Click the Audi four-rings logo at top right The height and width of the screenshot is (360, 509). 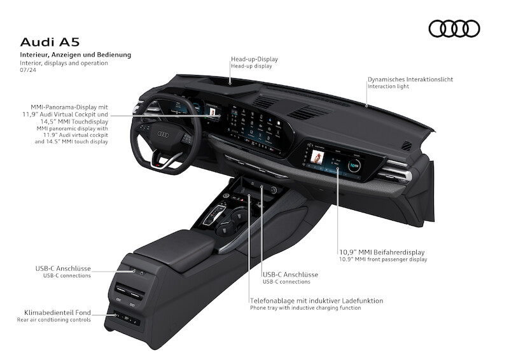tap(454, 29)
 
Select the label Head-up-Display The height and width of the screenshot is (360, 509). tap(254, 59)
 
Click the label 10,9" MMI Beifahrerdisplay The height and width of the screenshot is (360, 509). tap(381, 253)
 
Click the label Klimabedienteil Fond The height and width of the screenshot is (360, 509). tap(54, 312)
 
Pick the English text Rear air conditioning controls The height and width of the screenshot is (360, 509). tap(54, 320)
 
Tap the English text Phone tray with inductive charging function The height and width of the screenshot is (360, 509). tap(305, 308)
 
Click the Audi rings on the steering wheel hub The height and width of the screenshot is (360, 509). tap(162, 134)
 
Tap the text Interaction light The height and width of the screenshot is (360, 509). tap(389, 87)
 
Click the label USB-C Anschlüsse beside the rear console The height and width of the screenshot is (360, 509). tap(63, 268)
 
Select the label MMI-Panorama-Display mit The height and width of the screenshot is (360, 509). tap(69, 107)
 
